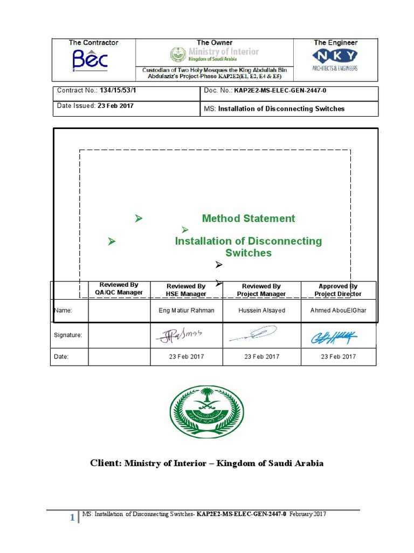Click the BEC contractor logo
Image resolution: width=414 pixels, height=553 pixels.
click(x=91, y=60)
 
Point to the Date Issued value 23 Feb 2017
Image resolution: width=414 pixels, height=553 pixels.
click(x=116, y=106)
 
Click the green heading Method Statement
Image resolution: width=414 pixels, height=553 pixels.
click(x=249, y=218)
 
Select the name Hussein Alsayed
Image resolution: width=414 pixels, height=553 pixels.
click(x=261, y=311)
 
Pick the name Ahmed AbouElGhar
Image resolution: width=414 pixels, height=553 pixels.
click(x=338, y=311)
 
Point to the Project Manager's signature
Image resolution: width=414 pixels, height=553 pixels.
click(x=253, y=334)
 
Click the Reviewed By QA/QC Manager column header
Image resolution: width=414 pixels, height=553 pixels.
click(x=119, y=289)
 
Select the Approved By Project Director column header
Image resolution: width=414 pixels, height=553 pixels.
click(x=338, y=290)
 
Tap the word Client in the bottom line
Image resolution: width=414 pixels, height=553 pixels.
click(x=106, y=463)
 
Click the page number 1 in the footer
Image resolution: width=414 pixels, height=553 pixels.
click(x=72, y=518)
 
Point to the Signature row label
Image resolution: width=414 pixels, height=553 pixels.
click(x=68, y=335)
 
